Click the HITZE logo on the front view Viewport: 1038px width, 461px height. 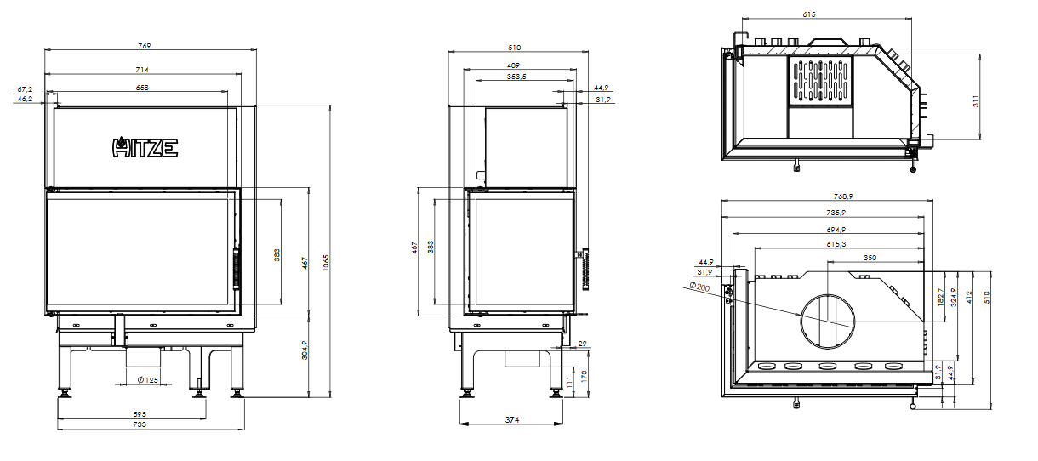tap(145, 147)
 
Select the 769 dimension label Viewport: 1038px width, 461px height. tap(144, 46)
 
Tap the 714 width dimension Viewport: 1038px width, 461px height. tap(142, 70)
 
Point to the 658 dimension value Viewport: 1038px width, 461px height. tap(142, 88)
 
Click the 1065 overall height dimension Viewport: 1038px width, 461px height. tap(326, 262)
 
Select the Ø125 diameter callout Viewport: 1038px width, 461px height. tap(148, 380)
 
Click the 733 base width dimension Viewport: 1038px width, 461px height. tap(140, 424)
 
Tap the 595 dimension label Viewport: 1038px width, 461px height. tap(140, 414)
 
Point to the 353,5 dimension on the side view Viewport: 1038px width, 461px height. tap(516, 77)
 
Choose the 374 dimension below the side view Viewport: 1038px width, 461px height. tap(512, 420)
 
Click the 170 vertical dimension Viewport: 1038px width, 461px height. tap(584, 376)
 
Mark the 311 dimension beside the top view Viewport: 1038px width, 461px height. tap(976, 101)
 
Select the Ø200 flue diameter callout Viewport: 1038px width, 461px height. tap(699, 287)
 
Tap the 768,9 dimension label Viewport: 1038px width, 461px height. tap(843, 196)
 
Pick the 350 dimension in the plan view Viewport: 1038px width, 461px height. tap(870, 258)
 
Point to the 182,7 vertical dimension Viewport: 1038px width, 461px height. tap(940, 297)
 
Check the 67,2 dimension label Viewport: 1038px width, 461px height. tap(25, 89)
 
